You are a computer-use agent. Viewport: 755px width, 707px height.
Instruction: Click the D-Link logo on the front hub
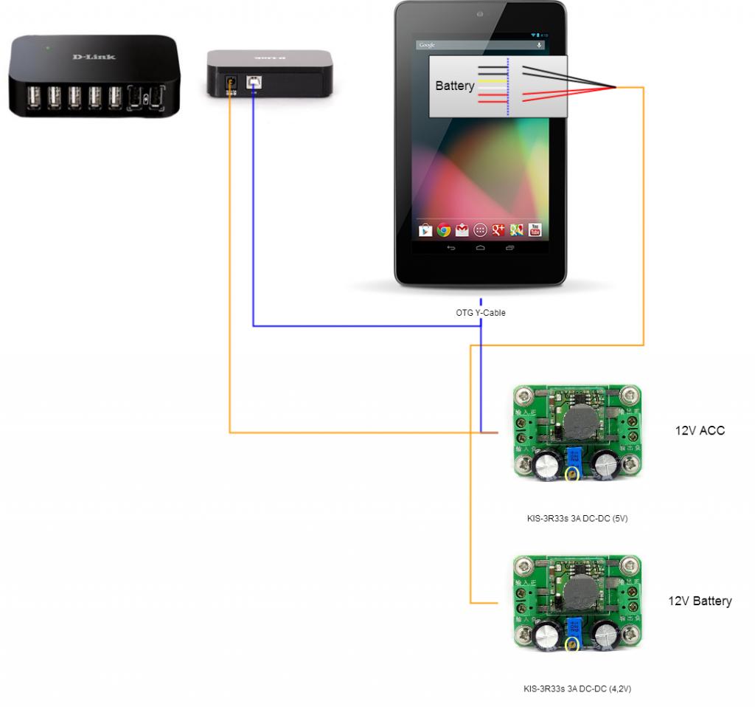[94, 57]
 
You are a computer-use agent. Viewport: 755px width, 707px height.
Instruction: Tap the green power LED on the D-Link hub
[48, 48]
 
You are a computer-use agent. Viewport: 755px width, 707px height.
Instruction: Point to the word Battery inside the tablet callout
[455, 86]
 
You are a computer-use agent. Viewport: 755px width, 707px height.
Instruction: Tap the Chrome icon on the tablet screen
[443, 230]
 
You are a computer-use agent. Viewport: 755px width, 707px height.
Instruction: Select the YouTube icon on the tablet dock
[535, 230]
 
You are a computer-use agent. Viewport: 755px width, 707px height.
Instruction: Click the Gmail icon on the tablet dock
[462, 230]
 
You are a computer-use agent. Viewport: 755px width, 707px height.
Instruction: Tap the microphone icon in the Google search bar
[540, 45]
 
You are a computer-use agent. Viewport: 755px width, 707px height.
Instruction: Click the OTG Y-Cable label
[481, 313]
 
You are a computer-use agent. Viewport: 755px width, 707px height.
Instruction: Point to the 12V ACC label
[700, 430]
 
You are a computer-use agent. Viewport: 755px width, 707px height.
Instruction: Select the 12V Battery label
[700, 601]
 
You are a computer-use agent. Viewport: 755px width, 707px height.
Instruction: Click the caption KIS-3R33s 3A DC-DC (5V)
[572, 518]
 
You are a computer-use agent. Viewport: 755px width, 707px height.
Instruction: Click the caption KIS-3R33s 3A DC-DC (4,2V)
[572, 689]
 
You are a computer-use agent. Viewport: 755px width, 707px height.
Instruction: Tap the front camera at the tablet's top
[480, 14]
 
